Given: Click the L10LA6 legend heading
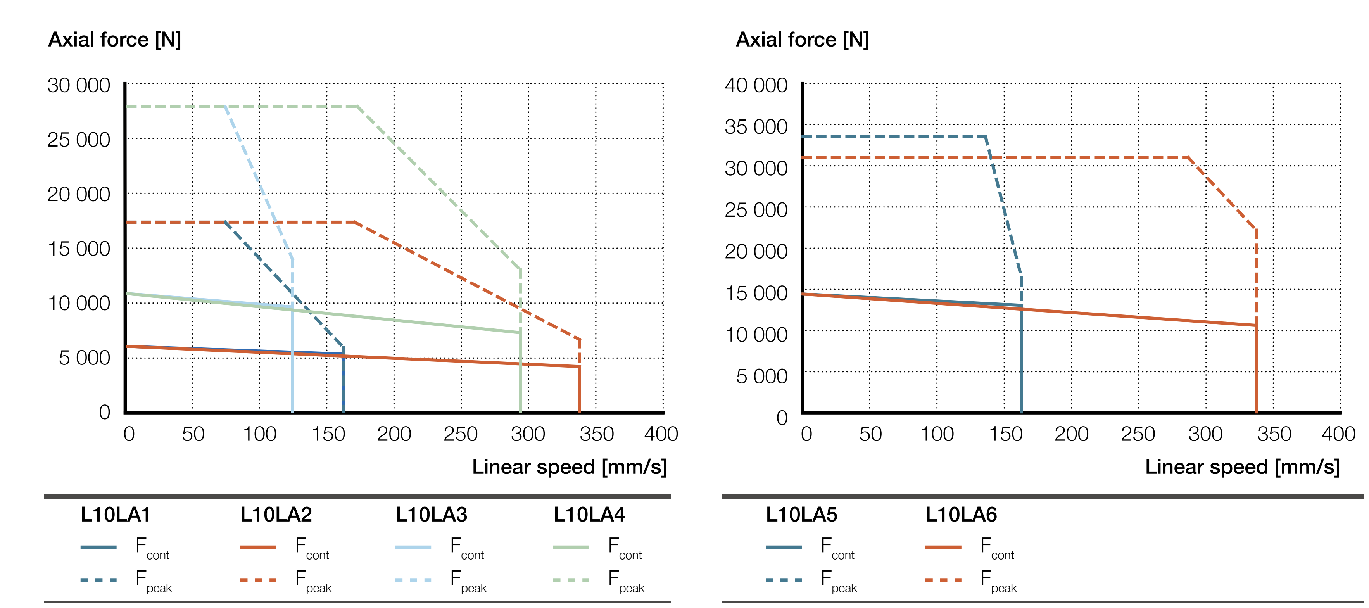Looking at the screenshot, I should [x=961, y=515].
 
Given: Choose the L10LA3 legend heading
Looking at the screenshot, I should [x=431, y=515].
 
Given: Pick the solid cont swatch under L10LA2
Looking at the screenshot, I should [x=258, y=547].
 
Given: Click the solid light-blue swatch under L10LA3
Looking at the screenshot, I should [x=413, y=547].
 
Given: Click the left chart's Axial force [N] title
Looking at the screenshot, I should [x=115, y=40].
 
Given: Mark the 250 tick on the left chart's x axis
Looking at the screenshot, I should [x=460, y=434].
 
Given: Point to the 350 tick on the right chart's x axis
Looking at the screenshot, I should [x=1273, y=434].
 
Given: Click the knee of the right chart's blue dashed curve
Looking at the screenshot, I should [x=986, y=137].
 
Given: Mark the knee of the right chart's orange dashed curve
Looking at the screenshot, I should [x=1188, y=157].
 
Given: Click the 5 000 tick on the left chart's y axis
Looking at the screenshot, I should [x=85, y=358].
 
